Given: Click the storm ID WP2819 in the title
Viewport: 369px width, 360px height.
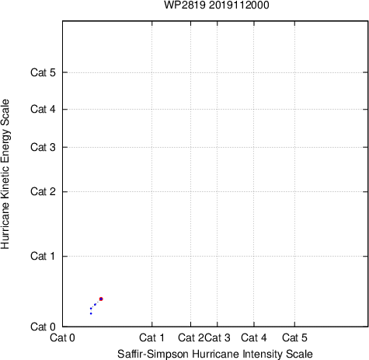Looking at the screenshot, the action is coord(185,5).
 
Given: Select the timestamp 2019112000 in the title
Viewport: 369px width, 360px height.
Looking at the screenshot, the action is coord(239,5).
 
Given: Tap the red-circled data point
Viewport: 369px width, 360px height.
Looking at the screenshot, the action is coord(101,299).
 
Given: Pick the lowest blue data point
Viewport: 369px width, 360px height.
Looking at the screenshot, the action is coord(91,313).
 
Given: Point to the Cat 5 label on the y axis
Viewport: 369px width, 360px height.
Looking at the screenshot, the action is coord(43,72).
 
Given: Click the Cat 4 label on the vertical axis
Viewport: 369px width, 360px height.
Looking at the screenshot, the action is coord(43,109).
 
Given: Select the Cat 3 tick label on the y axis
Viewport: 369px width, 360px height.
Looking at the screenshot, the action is coord(43,147).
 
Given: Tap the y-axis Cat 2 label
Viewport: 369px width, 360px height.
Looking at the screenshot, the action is coord(43,191).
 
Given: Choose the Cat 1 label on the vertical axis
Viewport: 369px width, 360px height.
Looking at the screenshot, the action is coord(43,256).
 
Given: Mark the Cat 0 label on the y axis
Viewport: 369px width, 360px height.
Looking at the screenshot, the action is coord(43,327).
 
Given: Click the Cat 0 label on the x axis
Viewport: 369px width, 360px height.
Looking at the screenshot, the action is coord(62,337).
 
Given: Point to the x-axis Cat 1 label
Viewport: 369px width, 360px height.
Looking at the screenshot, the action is coord(151,337).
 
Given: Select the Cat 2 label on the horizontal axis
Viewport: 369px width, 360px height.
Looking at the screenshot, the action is coord(190,337).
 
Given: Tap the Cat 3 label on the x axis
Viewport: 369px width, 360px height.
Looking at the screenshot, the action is coord(218,337).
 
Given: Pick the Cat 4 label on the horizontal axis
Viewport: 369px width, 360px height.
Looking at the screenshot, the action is coord(254,337).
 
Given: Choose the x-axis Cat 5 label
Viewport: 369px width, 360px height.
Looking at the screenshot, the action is coord(294,337).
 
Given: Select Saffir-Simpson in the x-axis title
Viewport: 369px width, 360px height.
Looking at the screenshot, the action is coord(153,354).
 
